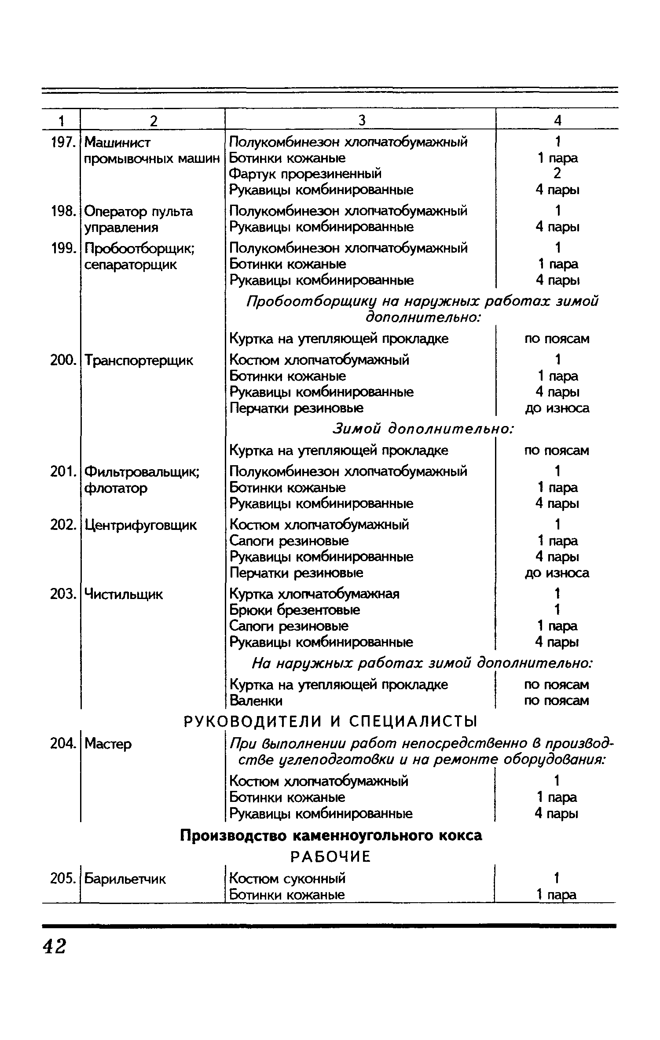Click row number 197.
coord(61,142)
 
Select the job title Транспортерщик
coord(139,360)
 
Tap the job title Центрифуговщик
coord(140,525)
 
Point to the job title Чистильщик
coord(124,594)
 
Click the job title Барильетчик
coord(125,879)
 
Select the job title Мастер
coord(108,744)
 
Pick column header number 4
coord(557,121)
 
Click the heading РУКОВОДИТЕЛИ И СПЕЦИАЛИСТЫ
coord(330,722)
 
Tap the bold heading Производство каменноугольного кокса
coord(331,835)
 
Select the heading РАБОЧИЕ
coord(330,856)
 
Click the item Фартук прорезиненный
coord(305,174)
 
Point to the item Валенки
coord(256,700)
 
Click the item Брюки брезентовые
coord(295,610)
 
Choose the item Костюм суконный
coord(287,878)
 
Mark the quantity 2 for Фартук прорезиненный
coord(557,174)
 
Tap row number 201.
coord(61,472)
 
